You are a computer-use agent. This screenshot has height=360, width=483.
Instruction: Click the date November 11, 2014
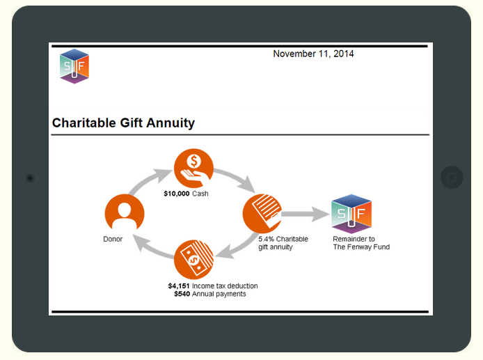[313, 54]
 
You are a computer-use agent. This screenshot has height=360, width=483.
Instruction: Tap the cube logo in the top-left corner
[74, 66]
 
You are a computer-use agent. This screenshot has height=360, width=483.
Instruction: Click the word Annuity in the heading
[171, 123]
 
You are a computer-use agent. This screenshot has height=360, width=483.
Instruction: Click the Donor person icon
[125, 214]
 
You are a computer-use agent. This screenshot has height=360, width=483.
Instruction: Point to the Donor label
[113, 239]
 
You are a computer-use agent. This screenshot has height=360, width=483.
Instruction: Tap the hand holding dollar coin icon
[193, 169]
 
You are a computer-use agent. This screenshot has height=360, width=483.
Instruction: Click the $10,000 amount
[177, 194]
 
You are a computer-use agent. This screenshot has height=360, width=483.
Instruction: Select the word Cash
[200, 194]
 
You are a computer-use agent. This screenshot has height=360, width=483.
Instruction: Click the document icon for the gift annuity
[262, 214]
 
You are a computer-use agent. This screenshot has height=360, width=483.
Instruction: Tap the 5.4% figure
[266, 239]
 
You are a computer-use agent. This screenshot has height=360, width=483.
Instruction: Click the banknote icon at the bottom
[193, 260]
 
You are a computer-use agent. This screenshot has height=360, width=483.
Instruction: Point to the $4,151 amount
[179, 286]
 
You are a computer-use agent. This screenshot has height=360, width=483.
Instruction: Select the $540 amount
[182, 294]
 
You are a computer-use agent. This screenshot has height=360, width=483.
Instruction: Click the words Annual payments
[219, 295]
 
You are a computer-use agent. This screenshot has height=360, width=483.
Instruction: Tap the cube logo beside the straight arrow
[351, 214]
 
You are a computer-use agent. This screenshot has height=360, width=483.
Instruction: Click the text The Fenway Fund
[361, 247]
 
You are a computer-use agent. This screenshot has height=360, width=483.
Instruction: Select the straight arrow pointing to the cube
[306, 214]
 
